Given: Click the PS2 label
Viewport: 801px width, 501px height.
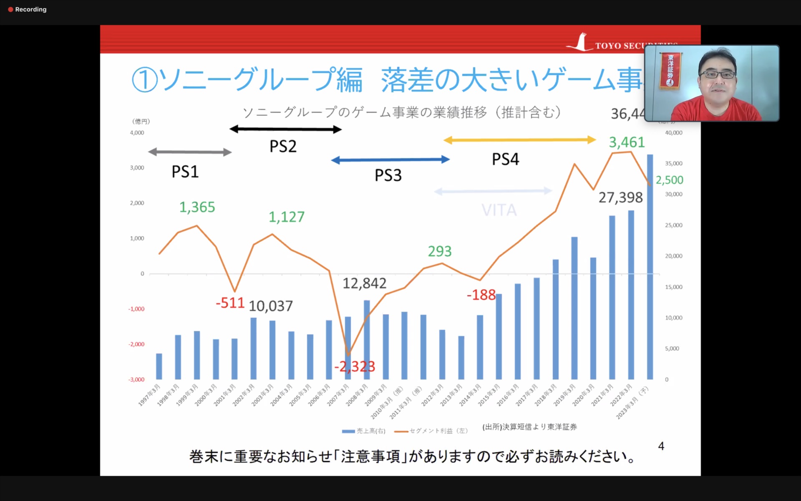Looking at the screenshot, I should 283,147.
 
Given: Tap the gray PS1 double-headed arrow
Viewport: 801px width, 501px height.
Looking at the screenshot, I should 190,152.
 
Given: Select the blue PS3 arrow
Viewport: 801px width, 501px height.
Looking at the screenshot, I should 390,159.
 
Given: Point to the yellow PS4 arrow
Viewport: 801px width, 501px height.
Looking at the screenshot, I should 519,140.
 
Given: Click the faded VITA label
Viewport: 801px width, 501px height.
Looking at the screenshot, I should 499,210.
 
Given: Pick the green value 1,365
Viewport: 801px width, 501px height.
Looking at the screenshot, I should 197,207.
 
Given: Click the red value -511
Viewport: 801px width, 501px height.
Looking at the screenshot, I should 230,303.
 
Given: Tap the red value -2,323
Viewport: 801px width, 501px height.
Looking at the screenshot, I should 355,367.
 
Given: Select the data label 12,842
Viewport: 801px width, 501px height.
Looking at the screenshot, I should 364,283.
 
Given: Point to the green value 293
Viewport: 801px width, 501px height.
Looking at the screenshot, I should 440,251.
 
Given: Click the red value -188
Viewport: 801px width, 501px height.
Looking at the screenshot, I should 481,295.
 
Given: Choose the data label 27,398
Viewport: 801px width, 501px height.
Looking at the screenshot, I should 620,197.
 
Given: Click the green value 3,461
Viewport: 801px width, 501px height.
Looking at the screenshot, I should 627,142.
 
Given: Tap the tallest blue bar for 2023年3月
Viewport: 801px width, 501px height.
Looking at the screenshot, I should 650,267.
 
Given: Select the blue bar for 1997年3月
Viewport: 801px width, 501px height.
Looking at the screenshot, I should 159,366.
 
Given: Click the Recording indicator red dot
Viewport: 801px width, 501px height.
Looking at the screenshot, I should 10,10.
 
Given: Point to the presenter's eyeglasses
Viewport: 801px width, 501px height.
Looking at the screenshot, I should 718,75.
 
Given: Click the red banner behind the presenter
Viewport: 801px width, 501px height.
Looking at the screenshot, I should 670,70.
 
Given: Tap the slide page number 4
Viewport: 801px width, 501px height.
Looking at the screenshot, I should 661,446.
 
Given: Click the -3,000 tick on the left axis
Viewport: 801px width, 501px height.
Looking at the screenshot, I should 136,380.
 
